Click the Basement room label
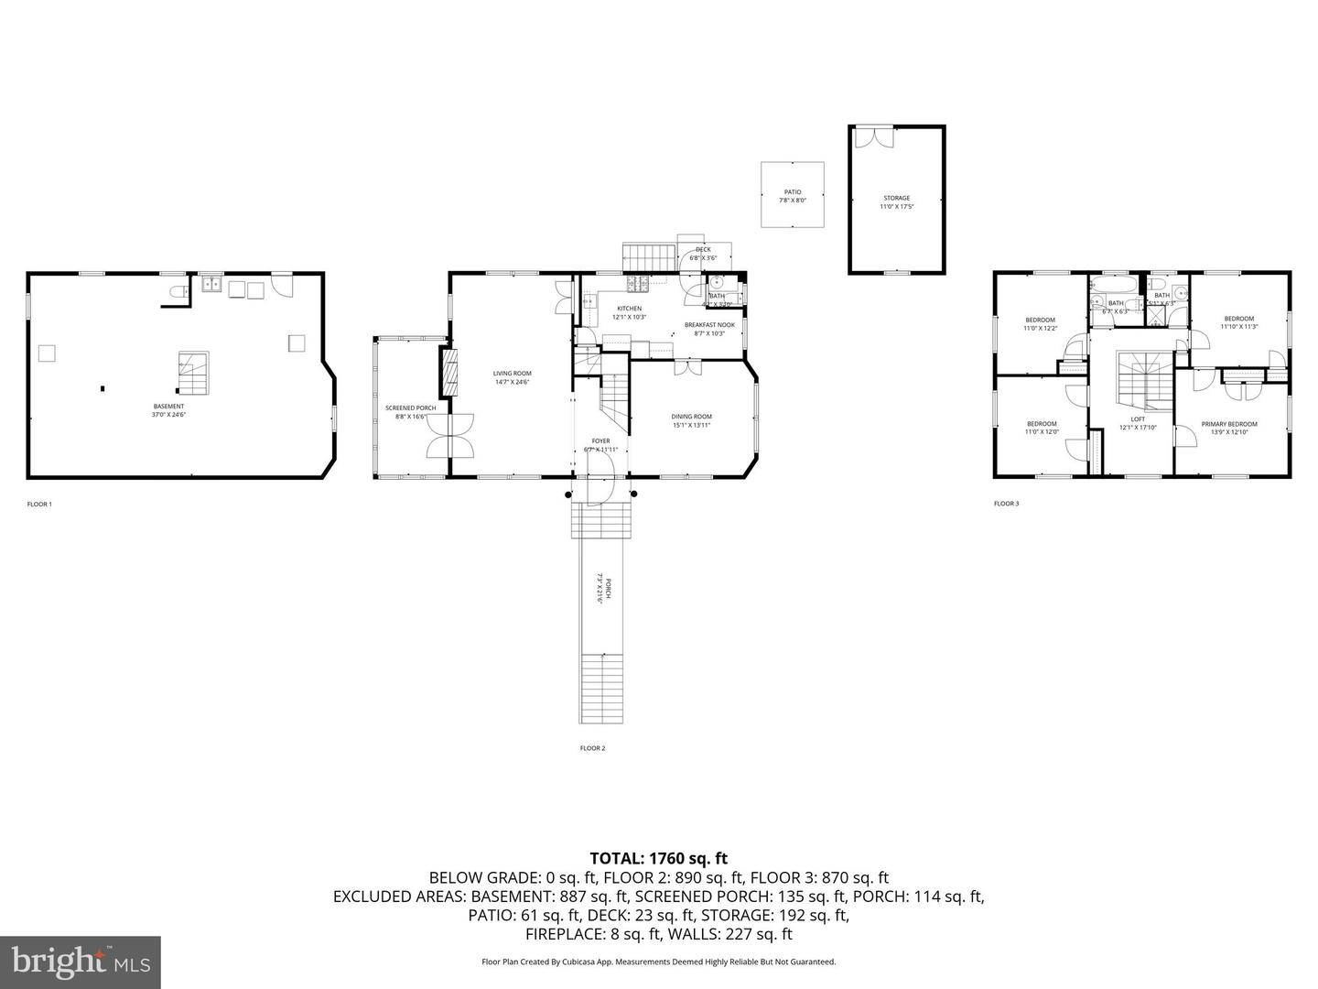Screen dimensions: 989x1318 pos(168,410)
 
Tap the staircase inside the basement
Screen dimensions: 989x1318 pos(192,373)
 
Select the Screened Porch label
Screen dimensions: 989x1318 pos(410,412)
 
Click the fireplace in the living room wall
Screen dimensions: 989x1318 pos(448,372)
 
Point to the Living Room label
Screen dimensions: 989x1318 pos(512,377)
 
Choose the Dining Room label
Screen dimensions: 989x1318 pos(691,420)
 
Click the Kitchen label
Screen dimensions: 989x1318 pos(629,312)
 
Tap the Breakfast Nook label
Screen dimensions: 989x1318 pos(709,329)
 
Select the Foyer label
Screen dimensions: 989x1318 pos(600,445)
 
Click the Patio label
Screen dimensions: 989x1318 pos(792,196)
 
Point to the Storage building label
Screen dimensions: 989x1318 pos(896,202)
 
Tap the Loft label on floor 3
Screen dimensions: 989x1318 pos(1138,423)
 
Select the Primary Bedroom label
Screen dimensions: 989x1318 pos(1229,428)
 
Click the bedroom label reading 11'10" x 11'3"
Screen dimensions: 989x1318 pos(1238,322)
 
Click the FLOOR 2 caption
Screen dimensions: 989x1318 pos(592,748)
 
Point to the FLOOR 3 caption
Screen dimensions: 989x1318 pos(1006,504)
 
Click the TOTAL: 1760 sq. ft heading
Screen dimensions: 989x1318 pos(658,858)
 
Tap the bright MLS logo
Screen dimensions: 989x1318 pos(81,962)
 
